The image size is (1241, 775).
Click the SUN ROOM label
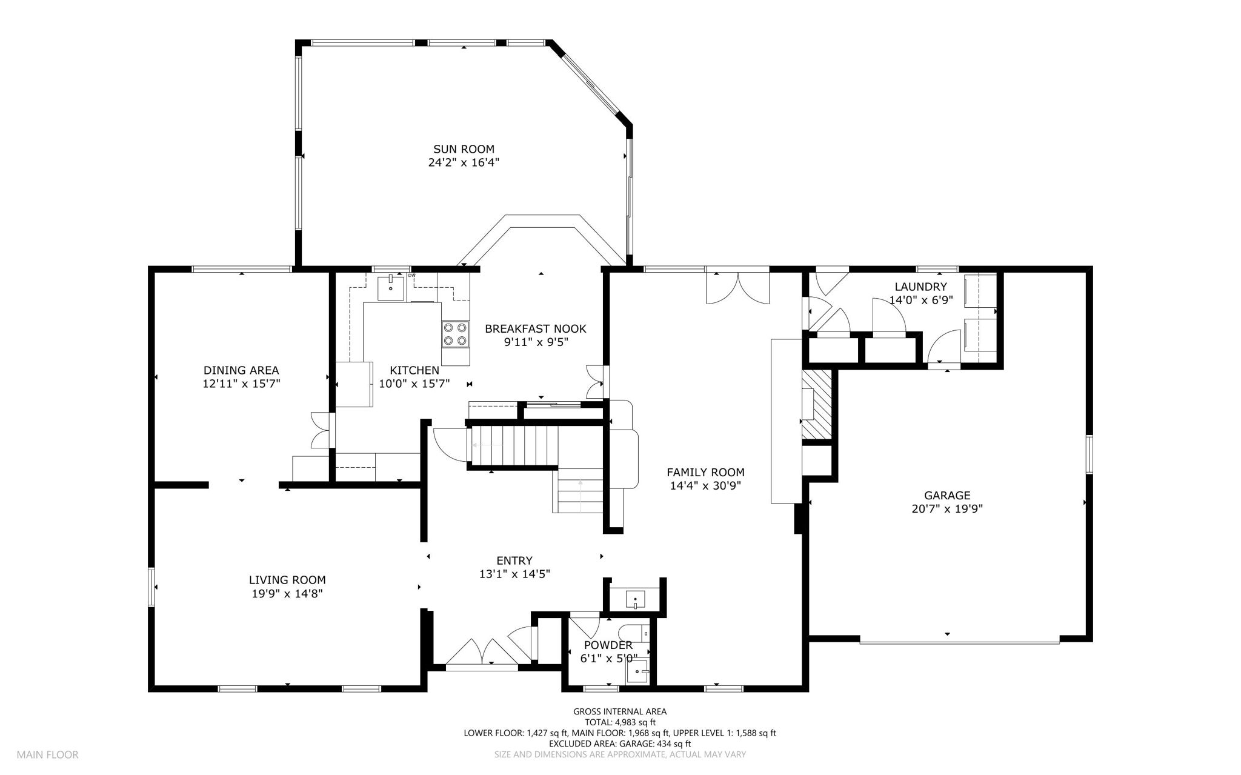464,149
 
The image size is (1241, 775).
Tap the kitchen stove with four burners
456,333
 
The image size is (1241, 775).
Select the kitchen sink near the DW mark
390,287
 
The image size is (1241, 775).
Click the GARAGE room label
947,496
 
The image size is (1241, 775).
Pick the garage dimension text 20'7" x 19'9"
947,510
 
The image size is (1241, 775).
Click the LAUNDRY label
920,287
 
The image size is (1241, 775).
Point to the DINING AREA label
241,370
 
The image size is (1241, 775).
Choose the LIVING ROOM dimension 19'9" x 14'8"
287,594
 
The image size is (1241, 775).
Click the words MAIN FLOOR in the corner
47,755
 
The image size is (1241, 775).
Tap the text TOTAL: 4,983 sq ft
620,722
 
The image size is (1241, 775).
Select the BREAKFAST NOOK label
536,329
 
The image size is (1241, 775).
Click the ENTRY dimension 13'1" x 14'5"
514,574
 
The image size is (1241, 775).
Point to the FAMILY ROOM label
705,472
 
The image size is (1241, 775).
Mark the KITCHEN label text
414,370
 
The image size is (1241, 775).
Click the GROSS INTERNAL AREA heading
620,712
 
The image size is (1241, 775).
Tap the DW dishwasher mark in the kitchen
412,276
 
